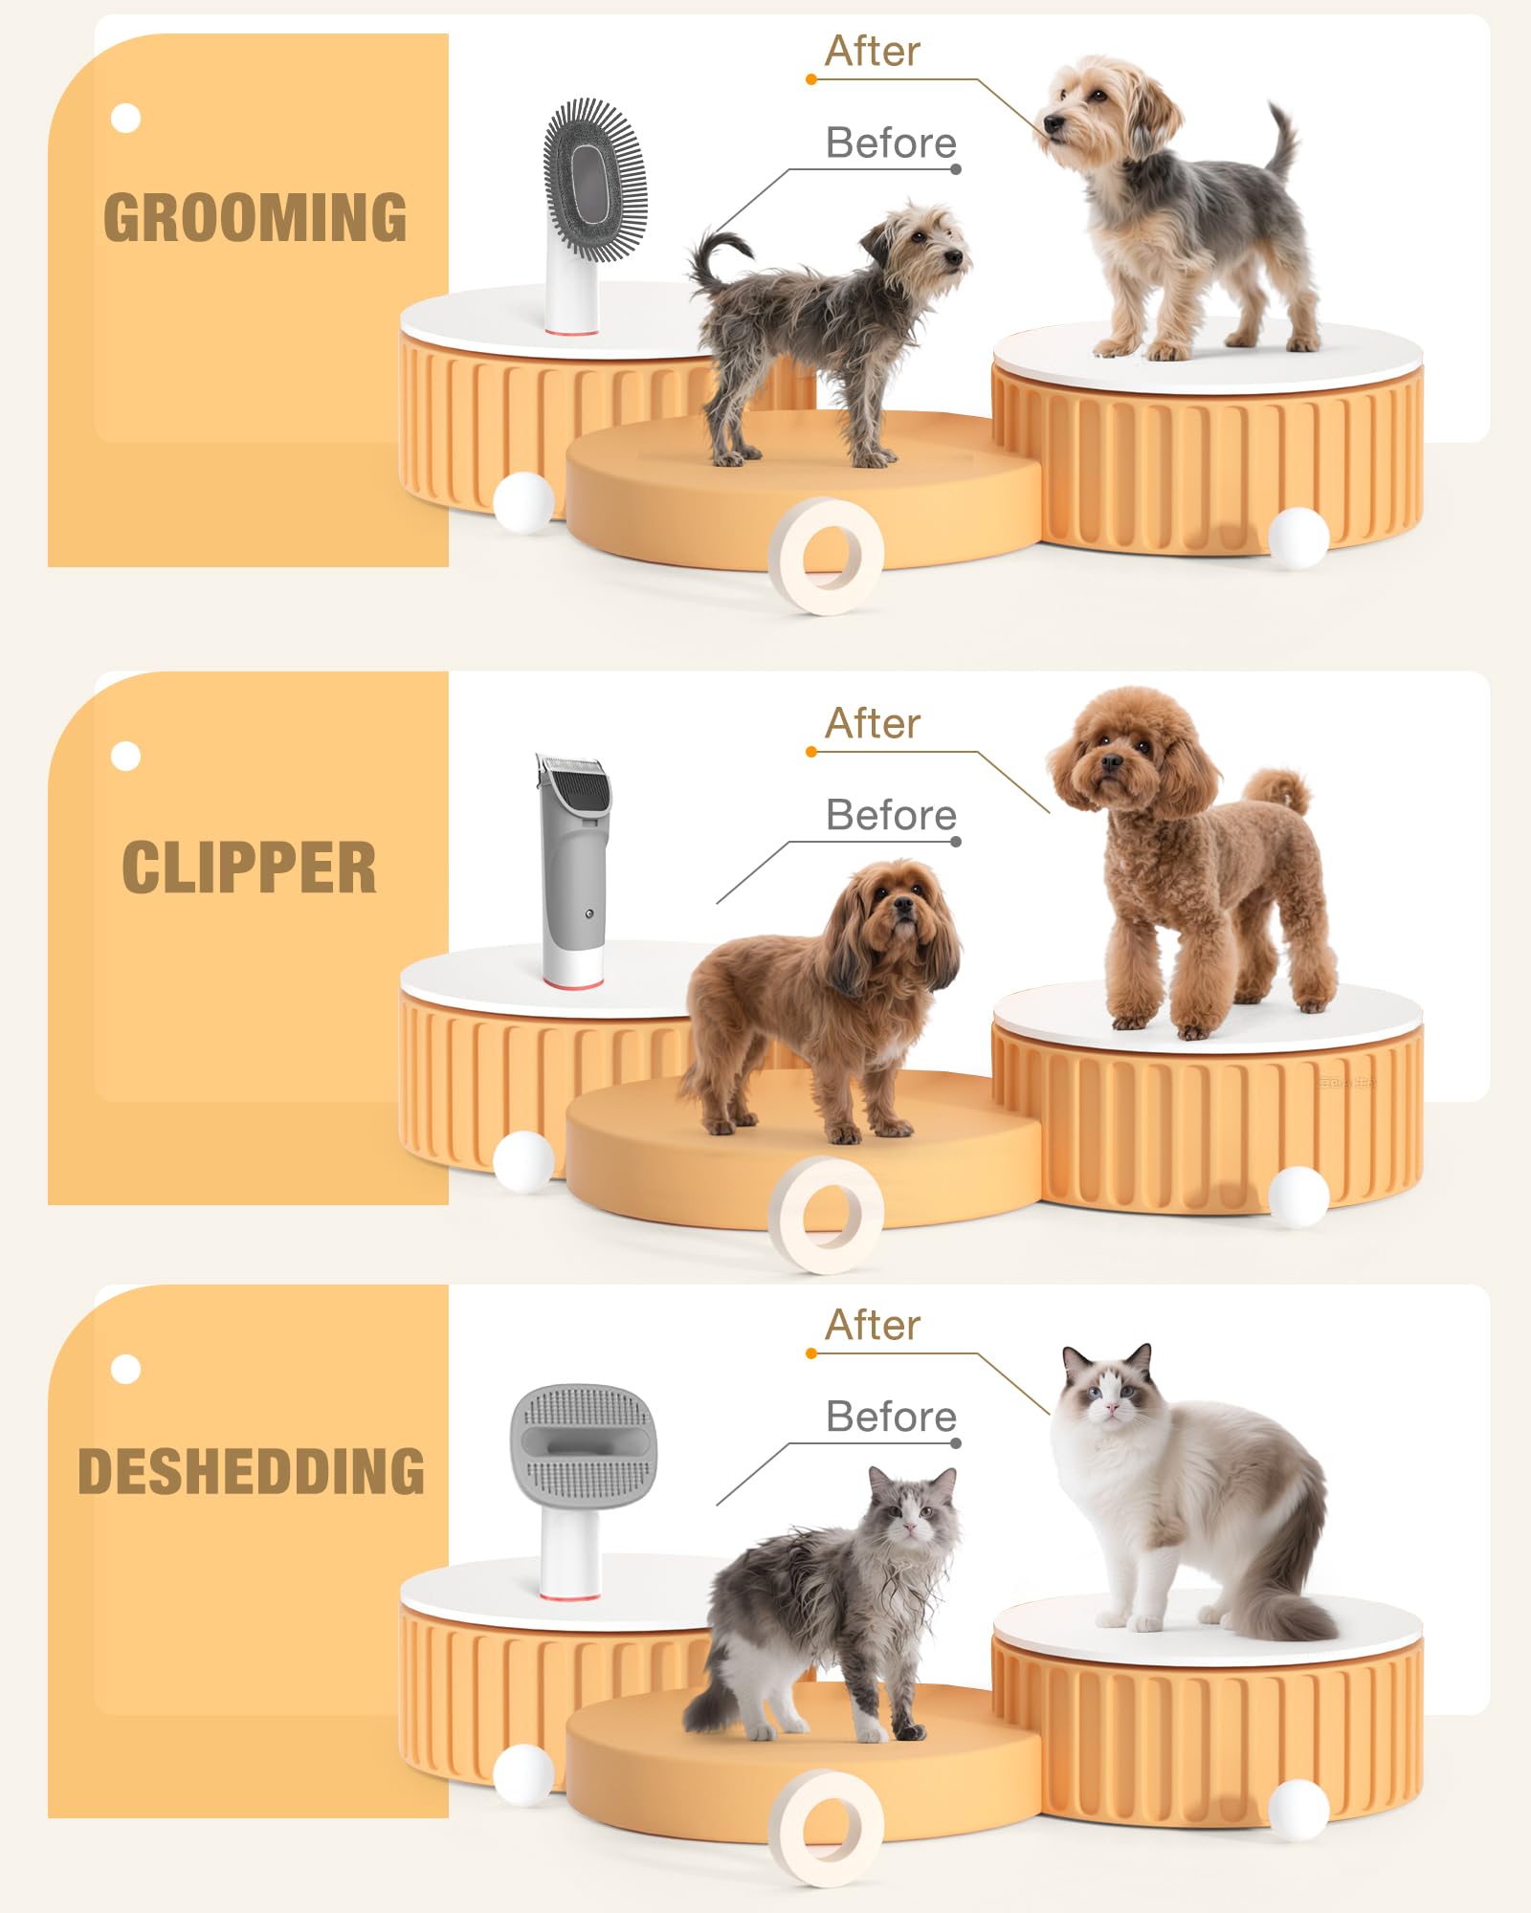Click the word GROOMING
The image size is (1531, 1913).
(255, 217)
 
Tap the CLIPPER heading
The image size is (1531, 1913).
(249, 868)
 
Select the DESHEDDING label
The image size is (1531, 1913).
(251, 1471)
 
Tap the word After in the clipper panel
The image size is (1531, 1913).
(872, 724)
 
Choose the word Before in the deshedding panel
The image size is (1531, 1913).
(890, 1417)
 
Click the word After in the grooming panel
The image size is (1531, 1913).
(872, 52)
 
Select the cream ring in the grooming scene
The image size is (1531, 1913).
(827, 555)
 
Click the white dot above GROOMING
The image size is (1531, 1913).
(125, 118)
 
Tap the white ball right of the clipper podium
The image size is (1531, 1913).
(1298, 1195)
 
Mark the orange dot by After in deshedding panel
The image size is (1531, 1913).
(811, 1353)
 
